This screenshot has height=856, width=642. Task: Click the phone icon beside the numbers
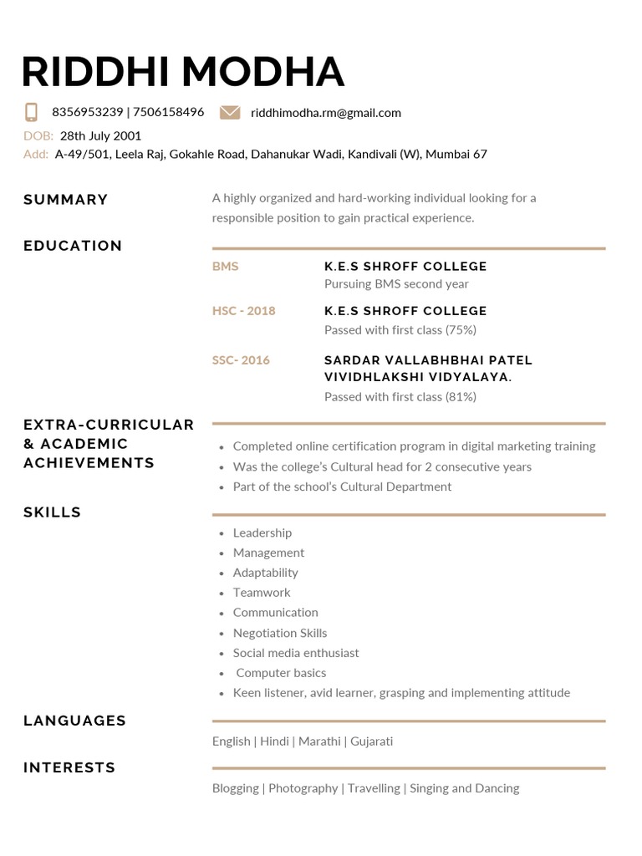32,112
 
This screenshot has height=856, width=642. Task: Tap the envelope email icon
230,112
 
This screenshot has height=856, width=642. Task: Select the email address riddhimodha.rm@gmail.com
325,112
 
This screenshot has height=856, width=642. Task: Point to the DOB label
38,135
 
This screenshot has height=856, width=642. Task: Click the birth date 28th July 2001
100,135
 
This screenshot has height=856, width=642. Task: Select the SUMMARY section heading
66,199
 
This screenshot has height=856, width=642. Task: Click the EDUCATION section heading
73,245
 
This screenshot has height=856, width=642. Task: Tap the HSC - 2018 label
243,310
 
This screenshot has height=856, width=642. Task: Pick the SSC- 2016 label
241,360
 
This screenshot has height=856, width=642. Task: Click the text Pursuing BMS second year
396,284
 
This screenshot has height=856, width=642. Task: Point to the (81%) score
461,397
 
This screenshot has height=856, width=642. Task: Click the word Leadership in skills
262,532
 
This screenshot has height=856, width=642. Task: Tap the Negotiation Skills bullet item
280,633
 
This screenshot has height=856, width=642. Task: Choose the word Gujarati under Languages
371,741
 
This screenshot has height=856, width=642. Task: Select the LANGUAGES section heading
74,720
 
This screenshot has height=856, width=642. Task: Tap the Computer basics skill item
281,672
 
